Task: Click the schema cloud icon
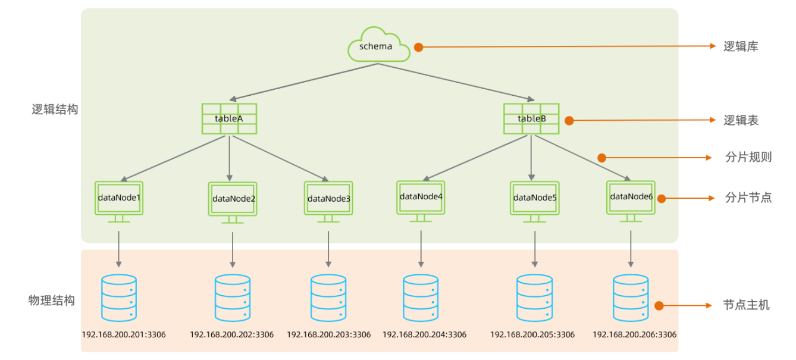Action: pos(378,45)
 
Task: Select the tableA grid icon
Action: pos(229,118)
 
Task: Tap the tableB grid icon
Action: pos(531,118)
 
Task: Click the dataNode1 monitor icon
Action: pos(119,200)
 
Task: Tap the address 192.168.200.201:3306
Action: pos(124,335)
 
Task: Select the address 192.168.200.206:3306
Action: pos(634,335)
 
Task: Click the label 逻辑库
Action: pos(741,46)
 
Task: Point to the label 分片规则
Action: pos(748,158)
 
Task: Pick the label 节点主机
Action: pos(747,305)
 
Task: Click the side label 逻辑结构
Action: pos(55,110)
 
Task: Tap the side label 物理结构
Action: pos(52,300)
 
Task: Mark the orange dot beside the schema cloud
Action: pos(418,47)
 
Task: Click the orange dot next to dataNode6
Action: pos(661,198)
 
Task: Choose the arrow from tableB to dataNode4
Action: pos(476,157)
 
